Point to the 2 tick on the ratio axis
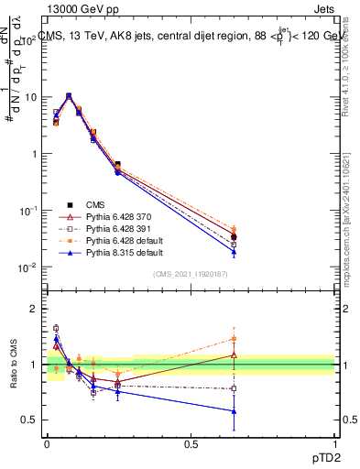point(34,309)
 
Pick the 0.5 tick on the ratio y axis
point(29,420)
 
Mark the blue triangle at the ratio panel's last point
point(234,411)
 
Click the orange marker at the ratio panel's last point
point(234,339)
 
